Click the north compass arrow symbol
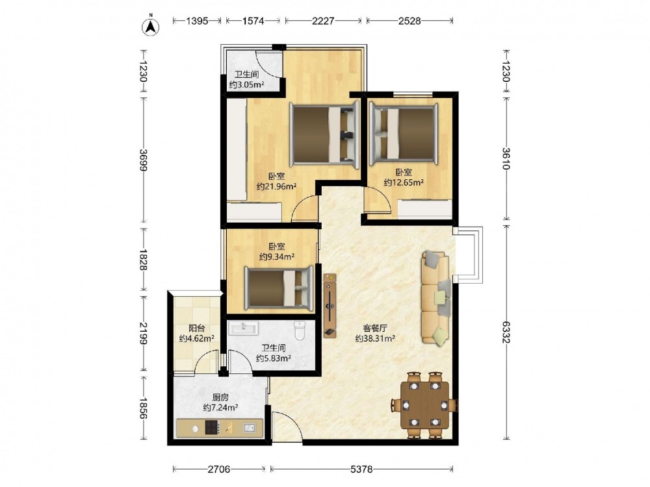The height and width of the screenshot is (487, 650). click(x=151, y=26)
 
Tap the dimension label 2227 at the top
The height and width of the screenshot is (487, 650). click(x=323, y=21)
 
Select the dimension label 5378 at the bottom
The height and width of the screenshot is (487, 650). click(x=361, y=469)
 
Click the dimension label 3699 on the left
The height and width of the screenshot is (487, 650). click(x=144, y=160)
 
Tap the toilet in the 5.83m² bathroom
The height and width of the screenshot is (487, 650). click(x=299, y=330)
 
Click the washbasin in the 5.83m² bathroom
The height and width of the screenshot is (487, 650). click(x=244, y=328)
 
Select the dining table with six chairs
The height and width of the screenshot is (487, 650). click(x=425, y=405)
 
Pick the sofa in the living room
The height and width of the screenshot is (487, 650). click(x=435, y=298)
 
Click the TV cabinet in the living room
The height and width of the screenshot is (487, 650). click(x=330, y=306)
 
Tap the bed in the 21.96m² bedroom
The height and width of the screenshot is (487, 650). click(x=324, y=135)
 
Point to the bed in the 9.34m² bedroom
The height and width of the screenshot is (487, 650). click(x=279, y=288)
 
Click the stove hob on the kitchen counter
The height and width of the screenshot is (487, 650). click(x=212, y=427)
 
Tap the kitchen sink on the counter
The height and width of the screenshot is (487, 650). click(x=249, y=428)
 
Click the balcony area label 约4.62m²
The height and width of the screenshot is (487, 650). click(x=196, y=338)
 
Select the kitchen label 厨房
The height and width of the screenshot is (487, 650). click(x=220, y=397)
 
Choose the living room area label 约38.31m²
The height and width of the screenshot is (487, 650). click(x=375, y=338)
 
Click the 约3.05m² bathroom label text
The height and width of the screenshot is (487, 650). click(x=247, y=85)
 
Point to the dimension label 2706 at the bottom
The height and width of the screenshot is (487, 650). click(x=219, y=469)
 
